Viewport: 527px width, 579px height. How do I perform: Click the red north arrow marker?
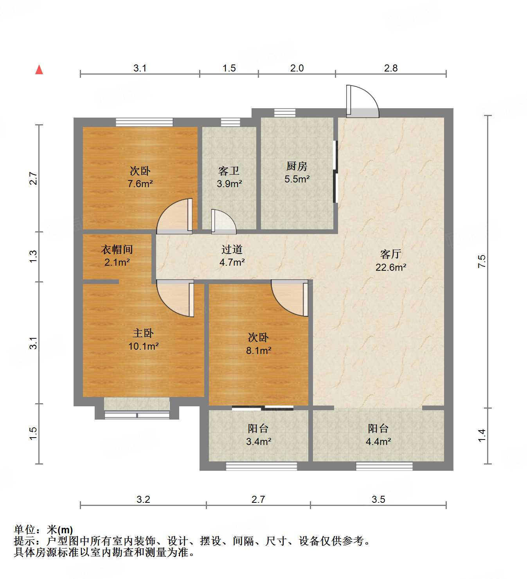coord(39,70)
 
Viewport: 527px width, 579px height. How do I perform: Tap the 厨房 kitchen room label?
coord(297,166)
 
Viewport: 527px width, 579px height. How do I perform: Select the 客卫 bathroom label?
coord(229,171)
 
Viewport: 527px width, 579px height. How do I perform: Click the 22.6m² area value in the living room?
coord(391,267)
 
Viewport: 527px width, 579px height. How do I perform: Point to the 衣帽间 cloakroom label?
coord(117,249)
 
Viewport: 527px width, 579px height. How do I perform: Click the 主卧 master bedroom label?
coord(143,333)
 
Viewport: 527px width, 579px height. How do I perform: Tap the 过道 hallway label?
coord(232,249)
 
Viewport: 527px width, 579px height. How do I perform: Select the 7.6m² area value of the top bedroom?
coord(140,184)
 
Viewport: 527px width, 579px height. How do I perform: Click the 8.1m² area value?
coord(259,350)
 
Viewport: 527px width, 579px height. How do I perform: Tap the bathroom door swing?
coord(223,222)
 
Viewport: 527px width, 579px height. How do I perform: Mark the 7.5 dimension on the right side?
coord(482,261)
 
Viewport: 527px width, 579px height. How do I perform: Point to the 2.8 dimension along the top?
coord(390,68)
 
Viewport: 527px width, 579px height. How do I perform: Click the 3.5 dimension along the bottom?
coord(378,499)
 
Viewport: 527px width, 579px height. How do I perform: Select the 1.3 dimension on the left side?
coord(34,256)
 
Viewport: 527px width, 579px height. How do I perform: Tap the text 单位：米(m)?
coord(43,530)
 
